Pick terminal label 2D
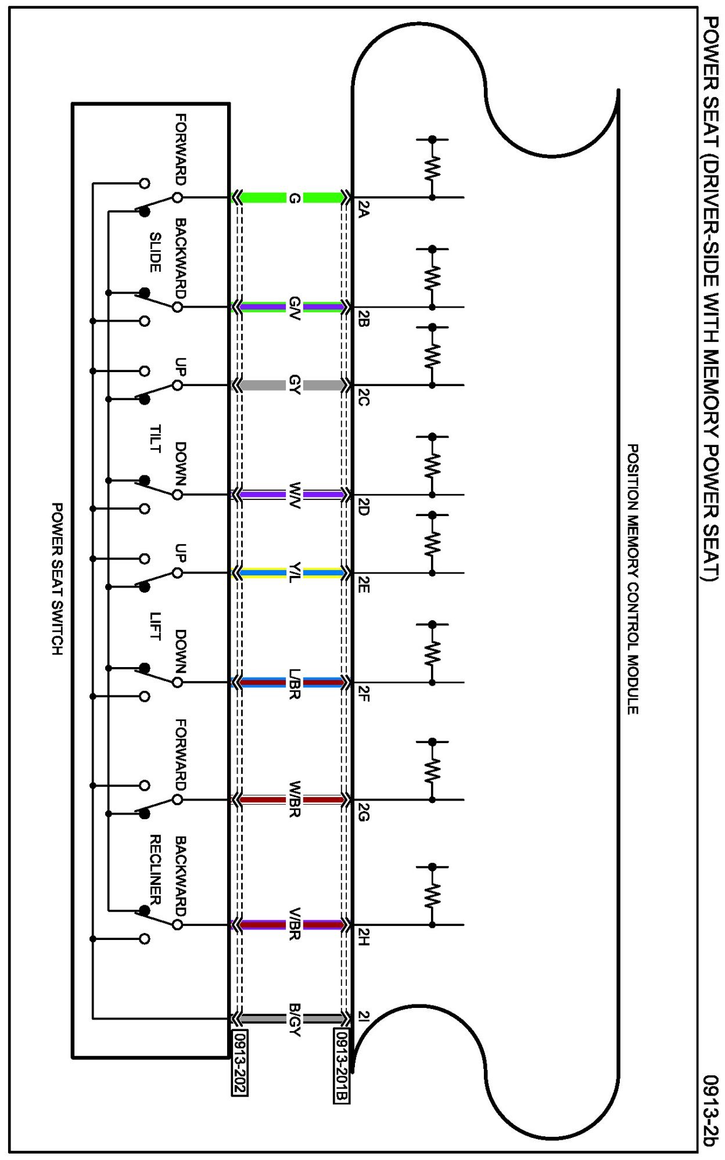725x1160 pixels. coord(363,507)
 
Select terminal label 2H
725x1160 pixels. coord(363,936)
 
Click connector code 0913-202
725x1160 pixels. coord(240,1062)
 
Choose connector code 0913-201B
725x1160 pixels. coord(342,1065)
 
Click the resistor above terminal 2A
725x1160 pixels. coord(432,168)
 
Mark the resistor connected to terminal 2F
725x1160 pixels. coord(432,653)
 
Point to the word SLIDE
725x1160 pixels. coord(155,252)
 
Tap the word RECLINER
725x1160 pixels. coord(155,869)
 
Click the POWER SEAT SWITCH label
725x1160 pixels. coord(57,579)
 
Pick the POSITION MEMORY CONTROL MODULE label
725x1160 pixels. coord(633,579)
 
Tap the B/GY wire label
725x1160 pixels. coord(295,1019)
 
